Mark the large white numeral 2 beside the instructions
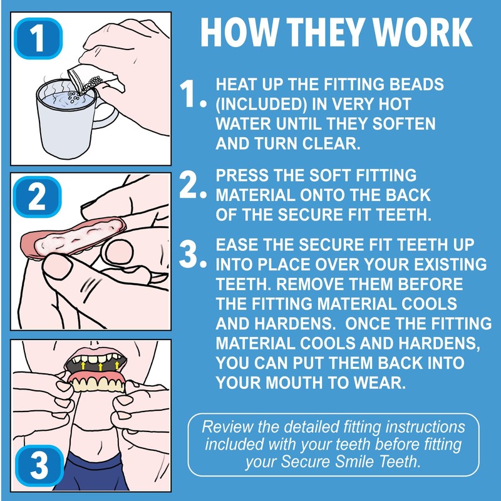(x=189, y=185)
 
